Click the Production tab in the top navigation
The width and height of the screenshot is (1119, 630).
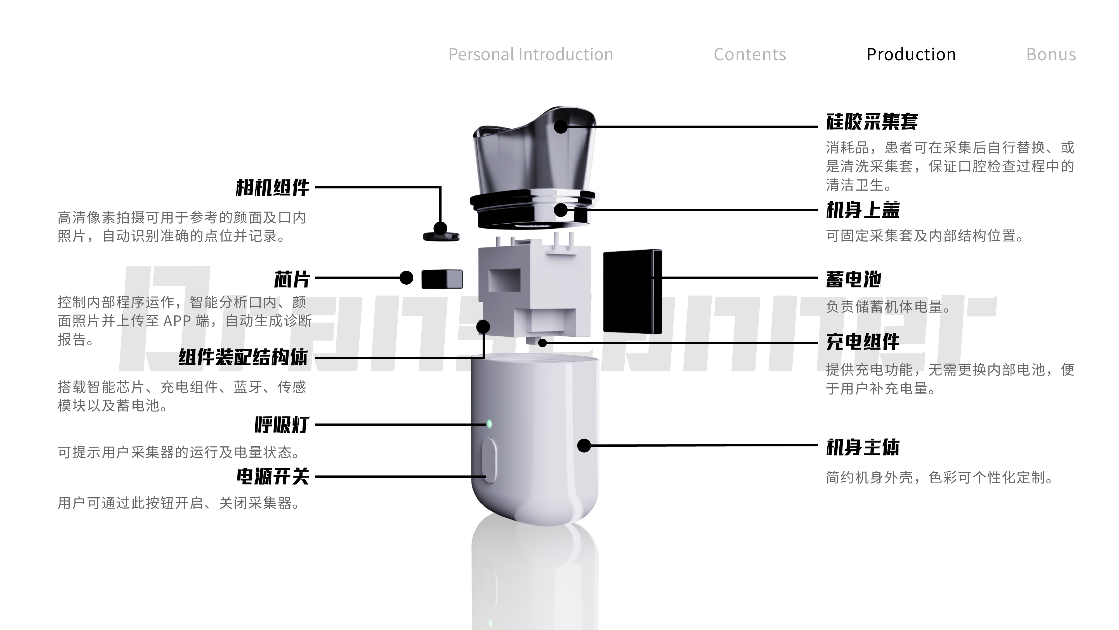(x=911, y=54)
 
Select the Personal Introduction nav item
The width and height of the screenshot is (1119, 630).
(x=530, y=54)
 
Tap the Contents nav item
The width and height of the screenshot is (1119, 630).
(x=750, y=54)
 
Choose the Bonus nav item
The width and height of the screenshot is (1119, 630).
(x=1051, y=54)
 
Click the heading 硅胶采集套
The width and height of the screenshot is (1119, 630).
(x=872, y=121)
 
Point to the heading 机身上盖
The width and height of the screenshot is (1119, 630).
(x=863, y=210)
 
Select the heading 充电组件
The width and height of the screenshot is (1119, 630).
(x=863, y=342)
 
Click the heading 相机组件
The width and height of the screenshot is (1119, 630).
(x=272, y=188)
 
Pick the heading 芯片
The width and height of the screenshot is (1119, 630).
(x=291, y=279)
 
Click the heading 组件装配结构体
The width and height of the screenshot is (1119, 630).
(x=243, y=357)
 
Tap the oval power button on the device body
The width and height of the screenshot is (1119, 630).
(x=490, y=460)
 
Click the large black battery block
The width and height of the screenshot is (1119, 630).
(x=632, y=291)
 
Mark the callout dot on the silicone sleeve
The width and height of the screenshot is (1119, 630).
(x=561, y=127)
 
